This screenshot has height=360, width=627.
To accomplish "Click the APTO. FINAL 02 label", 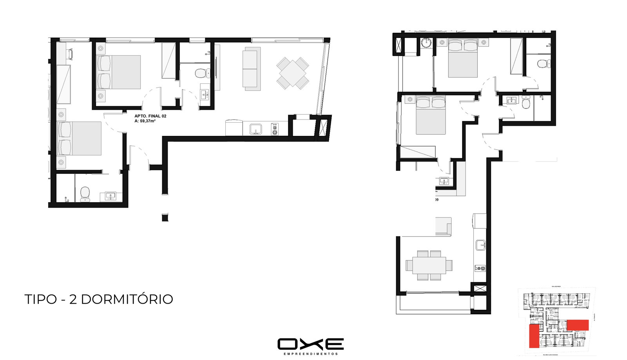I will click(150, 116).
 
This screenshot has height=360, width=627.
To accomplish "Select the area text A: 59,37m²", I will click(145, 121).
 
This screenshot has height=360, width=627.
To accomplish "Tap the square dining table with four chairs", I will click(293, 73).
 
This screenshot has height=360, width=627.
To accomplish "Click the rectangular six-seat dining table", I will click(429, 265).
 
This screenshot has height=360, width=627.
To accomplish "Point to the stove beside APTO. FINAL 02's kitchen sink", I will click(275, 129).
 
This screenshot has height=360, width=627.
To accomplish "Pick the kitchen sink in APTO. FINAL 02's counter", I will click(256, 128).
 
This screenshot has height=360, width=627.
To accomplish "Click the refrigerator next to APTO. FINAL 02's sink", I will click(234, 128).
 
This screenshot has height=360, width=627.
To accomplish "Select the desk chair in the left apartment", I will click(70, 54).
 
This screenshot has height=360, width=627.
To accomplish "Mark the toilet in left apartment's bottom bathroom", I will click(85, 193).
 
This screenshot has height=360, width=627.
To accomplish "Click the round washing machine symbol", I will click(426, 43).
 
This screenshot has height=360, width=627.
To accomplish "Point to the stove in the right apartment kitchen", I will click(480, 268).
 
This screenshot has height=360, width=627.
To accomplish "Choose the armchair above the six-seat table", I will click(444, 227).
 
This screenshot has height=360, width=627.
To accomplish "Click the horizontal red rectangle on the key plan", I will click(578, 325).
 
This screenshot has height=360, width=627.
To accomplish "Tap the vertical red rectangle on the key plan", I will click(533, 336).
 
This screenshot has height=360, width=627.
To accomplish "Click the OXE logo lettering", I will click(310, 344).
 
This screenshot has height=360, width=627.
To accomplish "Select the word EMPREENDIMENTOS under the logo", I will click(310, 354).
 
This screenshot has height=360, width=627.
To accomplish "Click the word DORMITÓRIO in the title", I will click(127, 299).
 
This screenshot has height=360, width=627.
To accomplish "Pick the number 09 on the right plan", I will click(437, 200).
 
